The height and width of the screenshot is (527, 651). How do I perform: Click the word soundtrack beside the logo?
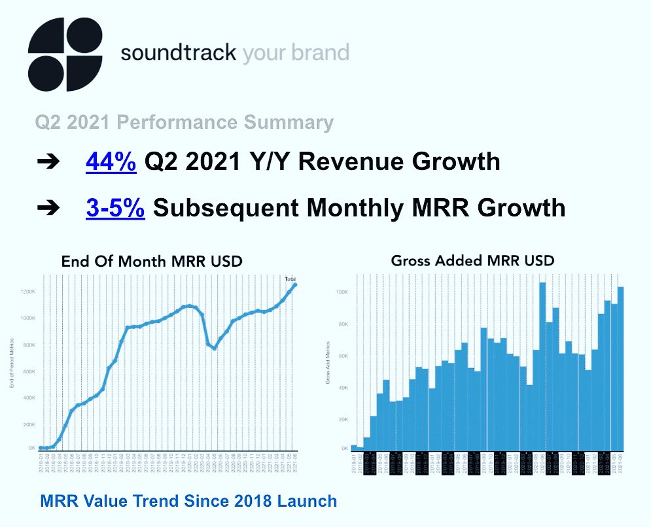tap(177, 53)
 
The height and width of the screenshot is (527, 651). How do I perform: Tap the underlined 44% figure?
tap(111, 161)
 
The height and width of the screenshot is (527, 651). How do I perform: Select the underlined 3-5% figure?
tap(114, 207)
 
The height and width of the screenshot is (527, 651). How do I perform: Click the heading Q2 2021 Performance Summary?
tap(184, 122)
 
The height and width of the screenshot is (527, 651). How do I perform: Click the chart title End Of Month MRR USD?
tap(152, 262)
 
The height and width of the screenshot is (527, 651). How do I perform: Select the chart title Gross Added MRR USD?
tap(472, 260)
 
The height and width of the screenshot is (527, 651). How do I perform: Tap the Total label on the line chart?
tap(291, 279)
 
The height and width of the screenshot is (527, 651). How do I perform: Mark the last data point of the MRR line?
tap(295, 284)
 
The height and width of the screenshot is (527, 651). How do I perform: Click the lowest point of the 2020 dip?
tap(214, 348)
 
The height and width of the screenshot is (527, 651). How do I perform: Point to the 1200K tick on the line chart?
tap(27, 291)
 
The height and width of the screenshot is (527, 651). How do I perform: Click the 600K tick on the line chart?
tap(27, 371)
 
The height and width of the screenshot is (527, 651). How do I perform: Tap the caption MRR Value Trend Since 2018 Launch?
tap(188, 501)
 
